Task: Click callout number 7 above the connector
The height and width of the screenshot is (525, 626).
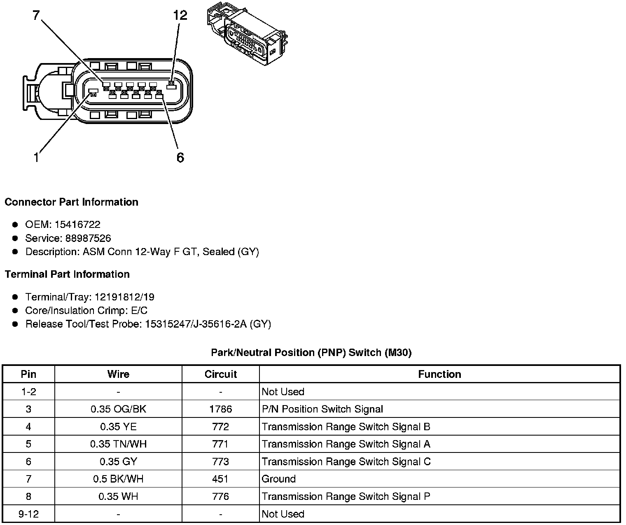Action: click(x=36, y=15)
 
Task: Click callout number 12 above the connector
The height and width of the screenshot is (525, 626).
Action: click(x=180, y=15)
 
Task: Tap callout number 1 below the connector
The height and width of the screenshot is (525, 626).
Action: click(x=36, y=157)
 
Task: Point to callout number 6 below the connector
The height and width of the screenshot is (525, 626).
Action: click(x=180, y=157)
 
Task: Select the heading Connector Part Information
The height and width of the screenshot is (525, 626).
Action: click(x=71, y=202)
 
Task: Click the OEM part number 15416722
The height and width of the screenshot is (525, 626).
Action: click(x=77, y=225)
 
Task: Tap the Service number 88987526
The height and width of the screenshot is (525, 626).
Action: click(x=88, y=238)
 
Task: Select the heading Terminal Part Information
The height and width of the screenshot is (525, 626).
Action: click(x=67, y=274)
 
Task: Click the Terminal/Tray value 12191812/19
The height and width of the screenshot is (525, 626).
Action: click(x=124, y=297)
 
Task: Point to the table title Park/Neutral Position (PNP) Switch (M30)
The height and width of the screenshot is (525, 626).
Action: click(x=311, y=352)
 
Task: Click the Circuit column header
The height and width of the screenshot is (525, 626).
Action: click(x=220, y=374)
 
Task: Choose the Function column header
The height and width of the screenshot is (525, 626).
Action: click(x=439, y=374)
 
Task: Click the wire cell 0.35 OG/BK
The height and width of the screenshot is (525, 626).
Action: click(x=118, y=409)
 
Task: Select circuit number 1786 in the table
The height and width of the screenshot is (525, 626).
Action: click(x=220, y=409)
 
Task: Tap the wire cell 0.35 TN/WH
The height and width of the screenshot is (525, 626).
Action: click(x=118, y=444)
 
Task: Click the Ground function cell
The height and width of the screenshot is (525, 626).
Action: click(x=279, y=479)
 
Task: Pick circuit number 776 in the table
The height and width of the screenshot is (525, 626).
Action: click(x=220, y=497)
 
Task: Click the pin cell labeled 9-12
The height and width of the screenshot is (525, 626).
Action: click(x=28, y=514)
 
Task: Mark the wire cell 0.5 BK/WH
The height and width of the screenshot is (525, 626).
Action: click(x=118, y=479)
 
